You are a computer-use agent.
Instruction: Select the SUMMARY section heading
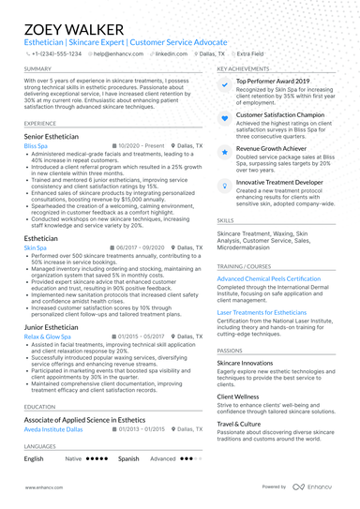(37, 69)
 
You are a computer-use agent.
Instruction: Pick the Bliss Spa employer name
(37, 147)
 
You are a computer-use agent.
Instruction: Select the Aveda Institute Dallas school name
(54, 428)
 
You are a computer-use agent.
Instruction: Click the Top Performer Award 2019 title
(273, 82)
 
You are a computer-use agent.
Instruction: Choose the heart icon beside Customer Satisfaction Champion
(225, 116)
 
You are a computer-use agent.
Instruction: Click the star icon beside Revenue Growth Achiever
(225, 150)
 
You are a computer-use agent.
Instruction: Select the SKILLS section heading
(226, 219)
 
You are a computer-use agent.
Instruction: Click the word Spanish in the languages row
(128, 459)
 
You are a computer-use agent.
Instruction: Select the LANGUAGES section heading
(41, 447)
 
